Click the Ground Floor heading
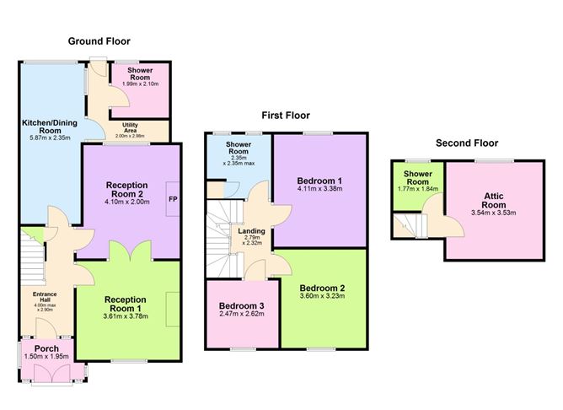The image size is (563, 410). coord(99,40)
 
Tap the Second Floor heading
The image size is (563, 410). coord(466,143)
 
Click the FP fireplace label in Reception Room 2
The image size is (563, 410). coord(173,199)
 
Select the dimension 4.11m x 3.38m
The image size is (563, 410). coord(319,190)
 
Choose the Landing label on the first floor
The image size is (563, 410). coord(250,231)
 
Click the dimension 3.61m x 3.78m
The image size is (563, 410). coord(125,317)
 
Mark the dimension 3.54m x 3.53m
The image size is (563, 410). coord(488,213)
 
